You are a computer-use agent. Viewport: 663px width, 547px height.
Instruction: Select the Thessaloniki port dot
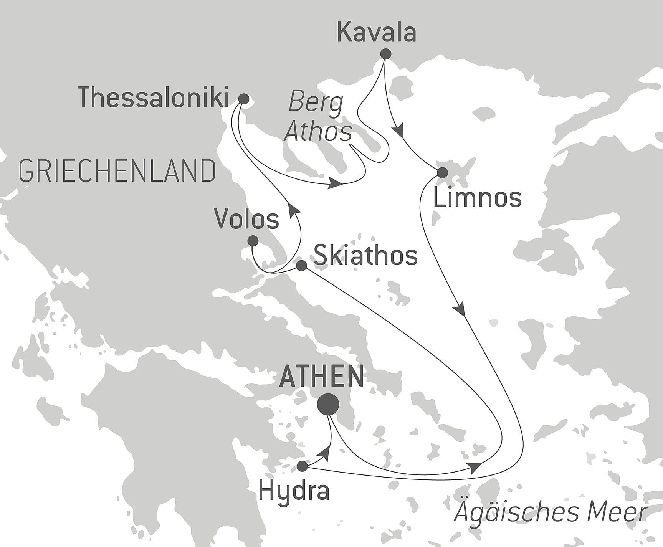(x=243, y=99)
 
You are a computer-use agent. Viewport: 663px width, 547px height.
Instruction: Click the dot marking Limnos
(x=443, y=173)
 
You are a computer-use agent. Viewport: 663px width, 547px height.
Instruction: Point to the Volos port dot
(x=253, y=241)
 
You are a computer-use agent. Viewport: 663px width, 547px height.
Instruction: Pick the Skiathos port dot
(x=301, y=266)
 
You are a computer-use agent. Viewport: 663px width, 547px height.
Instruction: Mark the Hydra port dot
(x=303, y=466)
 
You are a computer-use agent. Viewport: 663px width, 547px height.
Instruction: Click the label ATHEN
(x=321, y=377)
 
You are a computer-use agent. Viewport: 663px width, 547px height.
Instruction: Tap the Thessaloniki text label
(x=153, y=97)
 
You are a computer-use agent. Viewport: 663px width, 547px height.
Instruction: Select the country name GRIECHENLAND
(x=117, y=171)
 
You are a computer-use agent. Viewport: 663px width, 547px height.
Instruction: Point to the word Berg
(x=316, y=103)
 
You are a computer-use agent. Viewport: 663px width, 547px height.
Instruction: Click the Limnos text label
(x=477, y=198)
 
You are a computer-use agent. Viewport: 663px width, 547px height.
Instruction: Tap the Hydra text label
(x=294, y=491)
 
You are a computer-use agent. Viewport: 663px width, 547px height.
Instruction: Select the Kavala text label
(x=376, y=33)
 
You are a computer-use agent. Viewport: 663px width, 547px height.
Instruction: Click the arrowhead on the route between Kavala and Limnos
(x=399, y=131)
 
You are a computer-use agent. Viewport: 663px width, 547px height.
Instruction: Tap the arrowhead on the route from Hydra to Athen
(x=326, y=453)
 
